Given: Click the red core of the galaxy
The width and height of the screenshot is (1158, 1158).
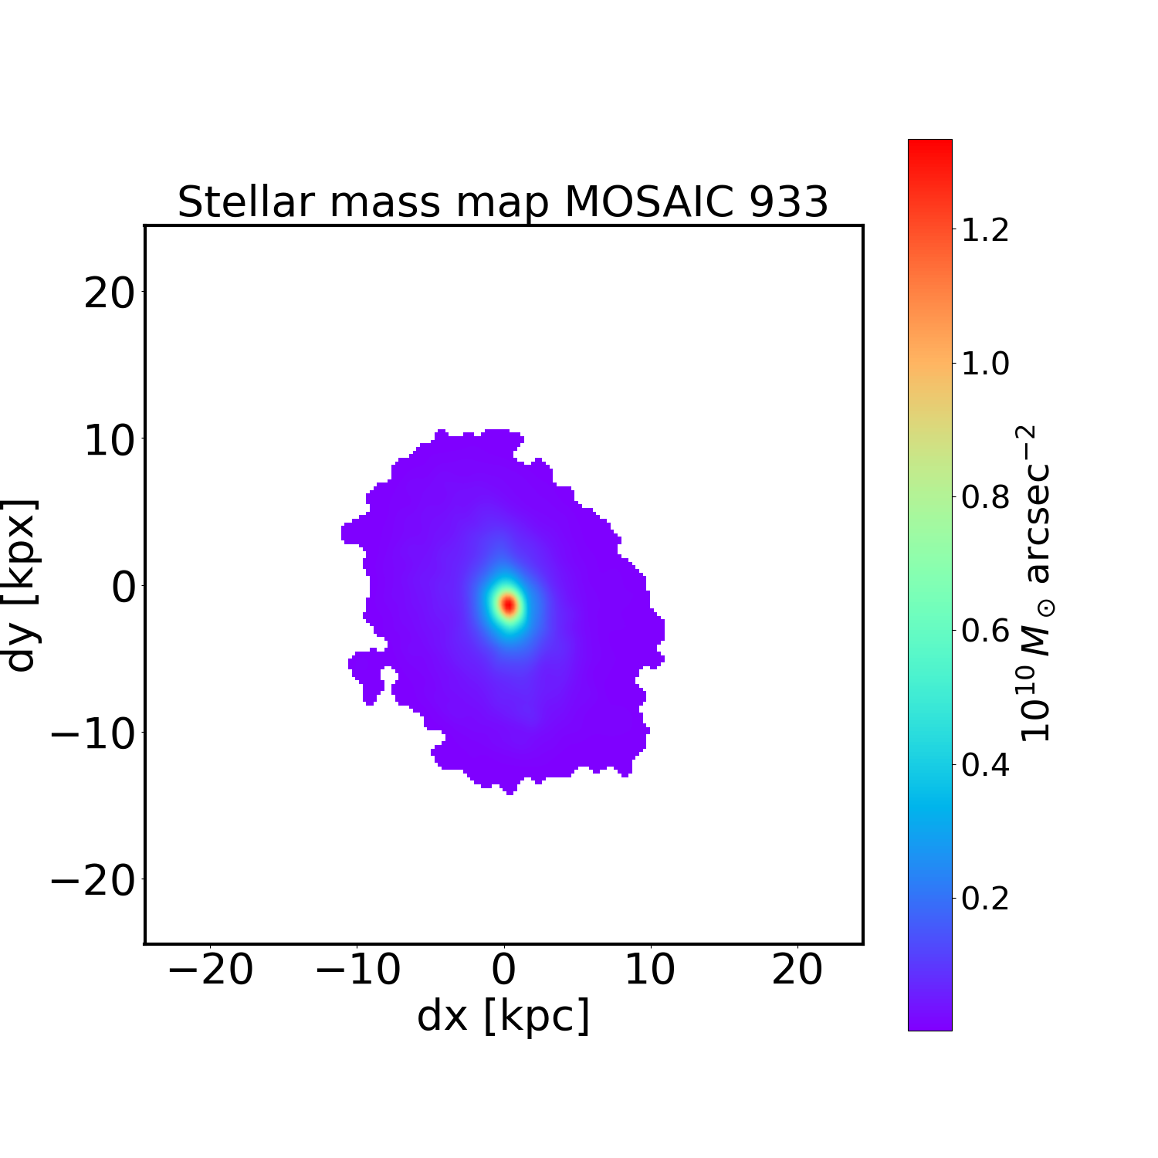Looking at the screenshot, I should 509,605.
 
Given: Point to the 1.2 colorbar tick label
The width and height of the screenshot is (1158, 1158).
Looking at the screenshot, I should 984,230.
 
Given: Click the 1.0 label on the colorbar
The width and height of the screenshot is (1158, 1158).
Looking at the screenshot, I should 984,364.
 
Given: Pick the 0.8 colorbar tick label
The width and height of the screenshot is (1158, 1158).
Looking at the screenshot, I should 984,497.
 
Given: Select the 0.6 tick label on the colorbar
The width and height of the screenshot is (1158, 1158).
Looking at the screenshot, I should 984,631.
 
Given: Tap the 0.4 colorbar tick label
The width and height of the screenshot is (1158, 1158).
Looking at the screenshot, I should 984,764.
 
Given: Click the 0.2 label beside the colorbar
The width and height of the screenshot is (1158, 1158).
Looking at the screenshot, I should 984,898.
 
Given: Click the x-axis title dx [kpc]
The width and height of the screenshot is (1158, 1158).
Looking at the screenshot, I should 503,1017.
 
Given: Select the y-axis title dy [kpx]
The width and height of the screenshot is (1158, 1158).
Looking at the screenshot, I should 21,584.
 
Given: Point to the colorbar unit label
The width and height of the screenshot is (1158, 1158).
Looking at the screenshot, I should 1037,584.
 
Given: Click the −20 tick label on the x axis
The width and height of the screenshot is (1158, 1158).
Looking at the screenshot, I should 210,970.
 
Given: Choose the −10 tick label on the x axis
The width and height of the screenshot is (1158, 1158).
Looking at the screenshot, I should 357,970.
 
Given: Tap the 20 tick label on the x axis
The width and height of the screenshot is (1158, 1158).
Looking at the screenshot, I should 797,970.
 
